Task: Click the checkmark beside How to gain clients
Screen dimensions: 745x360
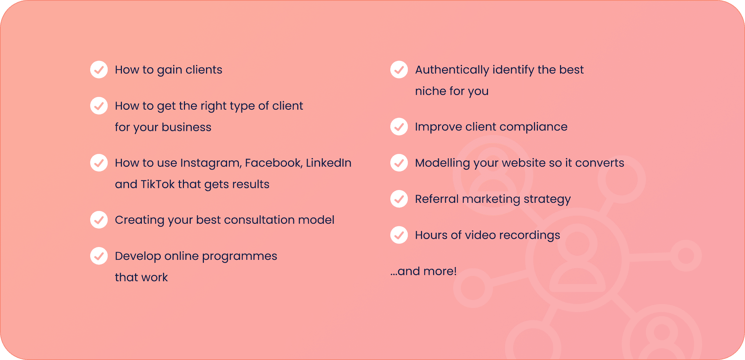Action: [x=99, y=70]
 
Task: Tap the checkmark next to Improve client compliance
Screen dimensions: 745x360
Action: [x=399, y=127]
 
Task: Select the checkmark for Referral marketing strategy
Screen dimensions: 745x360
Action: [x=399, y=199]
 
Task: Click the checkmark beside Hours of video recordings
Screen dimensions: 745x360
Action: [x=399, y=235]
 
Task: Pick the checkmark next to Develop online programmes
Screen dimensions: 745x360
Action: [x=99, y=256]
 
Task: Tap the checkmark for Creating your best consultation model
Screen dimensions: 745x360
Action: [x=99, y=220]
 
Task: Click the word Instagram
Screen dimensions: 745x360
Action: [x=211, y=163]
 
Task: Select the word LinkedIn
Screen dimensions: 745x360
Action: [x=329, y=163]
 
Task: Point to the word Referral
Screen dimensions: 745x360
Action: [x=437, y=199]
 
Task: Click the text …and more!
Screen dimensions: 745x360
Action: [x=423, y=271]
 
